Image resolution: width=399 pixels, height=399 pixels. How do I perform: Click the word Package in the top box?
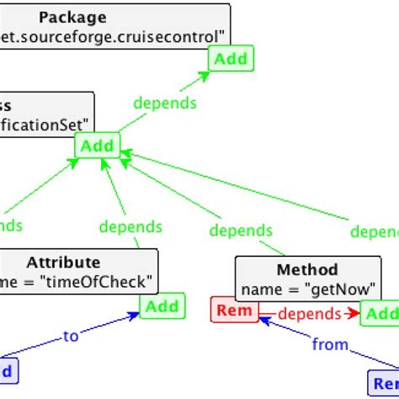pos(72,17)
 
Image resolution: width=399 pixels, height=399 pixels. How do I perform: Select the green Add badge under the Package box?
pos(229,59)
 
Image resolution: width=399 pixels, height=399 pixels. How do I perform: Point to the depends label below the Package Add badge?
pos(165,103)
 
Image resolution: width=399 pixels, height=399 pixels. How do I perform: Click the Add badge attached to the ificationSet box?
pos(97,146)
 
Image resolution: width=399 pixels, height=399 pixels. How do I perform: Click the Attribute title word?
pos(63,262)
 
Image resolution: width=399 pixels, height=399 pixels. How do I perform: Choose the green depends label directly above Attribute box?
pos(130,226)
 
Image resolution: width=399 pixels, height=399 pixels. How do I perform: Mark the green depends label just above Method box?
pos(241,230)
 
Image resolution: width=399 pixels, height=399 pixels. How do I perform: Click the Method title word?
pos(306,270)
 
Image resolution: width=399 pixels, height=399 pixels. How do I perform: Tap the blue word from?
pos(330,344)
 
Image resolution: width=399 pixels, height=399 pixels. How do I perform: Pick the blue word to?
pos(72,336)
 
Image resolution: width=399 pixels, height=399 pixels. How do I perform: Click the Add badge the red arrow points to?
pos(380,314)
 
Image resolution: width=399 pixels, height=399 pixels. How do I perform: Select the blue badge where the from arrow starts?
pos(384,383)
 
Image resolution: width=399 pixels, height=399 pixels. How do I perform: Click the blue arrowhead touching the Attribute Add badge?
pos(133,316)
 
